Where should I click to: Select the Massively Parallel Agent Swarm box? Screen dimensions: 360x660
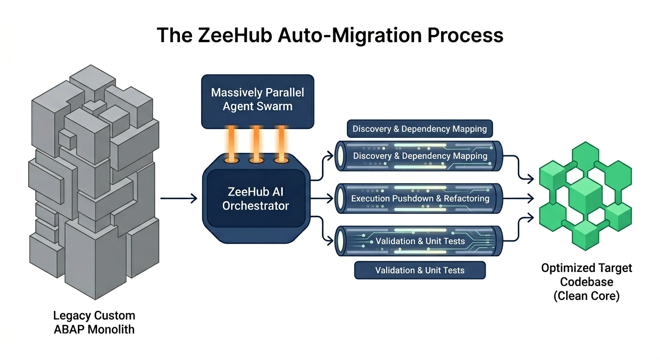[257, 100]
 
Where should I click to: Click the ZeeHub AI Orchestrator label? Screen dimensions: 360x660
[255, 199]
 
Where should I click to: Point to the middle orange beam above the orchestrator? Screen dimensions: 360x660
[256, 143]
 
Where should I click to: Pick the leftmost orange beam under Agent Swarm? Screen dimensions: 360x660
[231, 143]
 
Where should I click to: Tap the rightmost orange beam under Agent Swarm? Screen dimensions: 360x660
[281, 143]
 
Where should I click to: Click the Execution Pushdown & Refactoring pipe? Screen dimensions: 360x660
[420, 199]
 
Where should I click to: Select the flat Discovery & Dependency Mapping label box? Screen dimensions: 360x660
[420, 129]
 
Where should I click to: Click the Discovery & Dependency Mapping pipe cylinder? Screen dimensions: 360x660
[420, 156]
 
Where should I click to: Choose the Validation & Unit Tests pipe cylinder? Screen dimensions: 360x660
[420, 241]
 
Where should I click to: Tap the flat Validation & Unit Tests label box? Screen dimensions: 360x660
[420, 270]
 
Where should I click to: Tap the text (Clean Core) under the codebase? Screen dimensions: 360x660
[586, 296]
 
